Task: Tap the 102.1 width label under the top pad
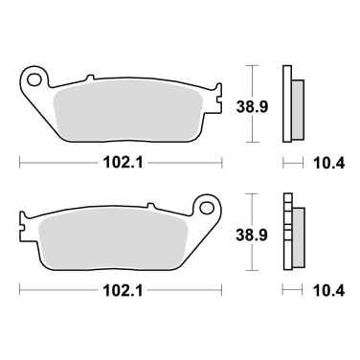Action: pos(120,162)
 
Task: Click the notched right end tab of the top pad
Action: pos(216,101)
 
